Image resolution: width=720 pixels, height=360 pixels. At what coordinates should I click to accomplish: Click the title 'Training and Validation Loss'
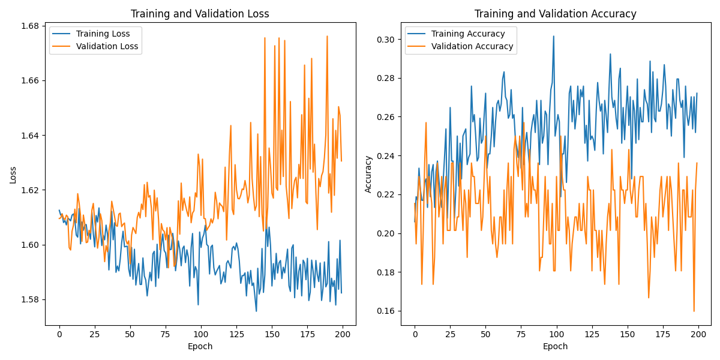[x=200, y=14]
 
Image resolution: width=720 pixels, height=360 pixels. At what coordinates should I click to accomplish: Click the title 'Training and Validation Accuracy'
[x=555, y=14]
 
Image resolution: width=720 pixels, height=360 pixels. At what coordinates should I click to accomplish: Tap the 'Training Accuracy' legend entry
[x=464, y=34]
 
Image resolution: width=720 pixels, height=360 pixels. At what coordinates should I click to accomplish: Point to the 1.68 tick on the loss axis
[x=31, y=26]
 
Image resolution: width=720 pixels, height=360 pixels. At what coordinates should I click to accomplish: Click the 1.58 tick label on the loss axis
[x=31, y=299]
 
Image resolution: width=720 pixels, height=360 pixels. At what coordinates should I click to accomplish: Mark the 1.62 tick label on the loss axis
[x=31, y=190]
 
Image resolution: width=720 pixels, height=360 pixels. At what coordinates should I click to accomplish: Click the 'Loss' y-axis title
[x=13, y=175]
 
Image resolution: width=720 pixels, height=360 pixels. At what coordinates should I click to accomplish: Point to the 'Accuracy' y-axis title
[x=368, y=175]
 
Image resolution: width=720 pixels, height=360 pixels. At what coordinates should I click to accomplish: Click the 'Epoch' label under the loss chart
[x=200, y=346]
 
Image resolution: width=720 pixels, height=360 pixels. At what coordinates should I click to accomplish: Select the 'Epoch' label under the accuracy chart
[x=555, y=346]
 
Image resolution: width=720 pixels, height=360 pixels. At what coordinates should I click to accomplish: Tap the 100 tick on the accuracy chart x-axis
[x=556, y=334]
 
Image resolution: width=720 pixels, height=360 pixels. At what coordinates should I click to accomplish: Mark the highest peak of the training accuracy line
[x=553, y=36]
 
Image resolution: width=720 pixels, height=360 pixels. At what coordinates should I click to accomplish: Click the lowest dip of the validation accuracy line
[x=694, y=311]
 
